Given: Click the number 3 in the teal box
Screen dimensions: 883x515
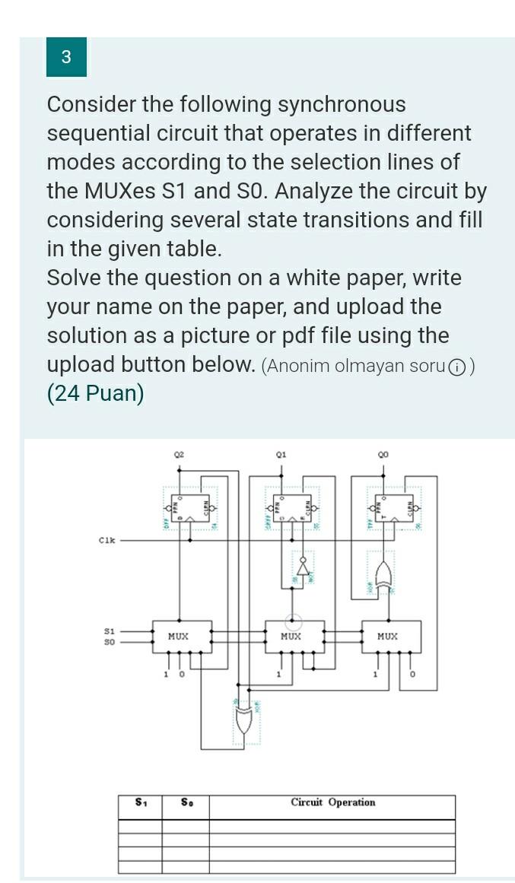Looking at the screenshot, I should coord(66,57).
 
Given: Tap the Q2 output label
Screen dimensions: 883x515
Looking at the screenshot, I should coord(179,454).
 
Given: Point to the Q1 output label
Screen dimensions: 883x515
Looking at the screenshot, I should coord(281,454).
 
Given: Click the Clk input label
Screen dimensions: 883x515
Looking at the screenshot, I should coord(107,541).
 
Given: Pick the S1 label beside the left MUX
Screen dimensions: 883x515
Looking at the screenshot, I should coord(110,631).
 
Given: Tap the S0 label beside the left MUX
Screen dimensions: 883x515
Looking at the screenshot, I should coord(110,641).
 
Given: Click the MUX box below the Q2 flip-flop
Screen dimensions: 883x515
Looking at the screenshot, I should coord(180,637).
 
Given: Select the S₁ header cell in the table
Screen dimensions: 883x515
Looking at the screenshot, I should coord(141,802).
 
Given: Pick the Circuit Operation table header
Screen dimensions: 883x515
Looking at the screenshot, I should coord(332,802).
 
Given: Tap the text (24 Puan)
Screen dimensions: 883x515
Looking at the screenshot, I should coord(95,394).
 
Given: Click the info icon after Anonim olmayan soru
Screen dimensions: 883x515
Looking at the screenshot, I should coord(456,367).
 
